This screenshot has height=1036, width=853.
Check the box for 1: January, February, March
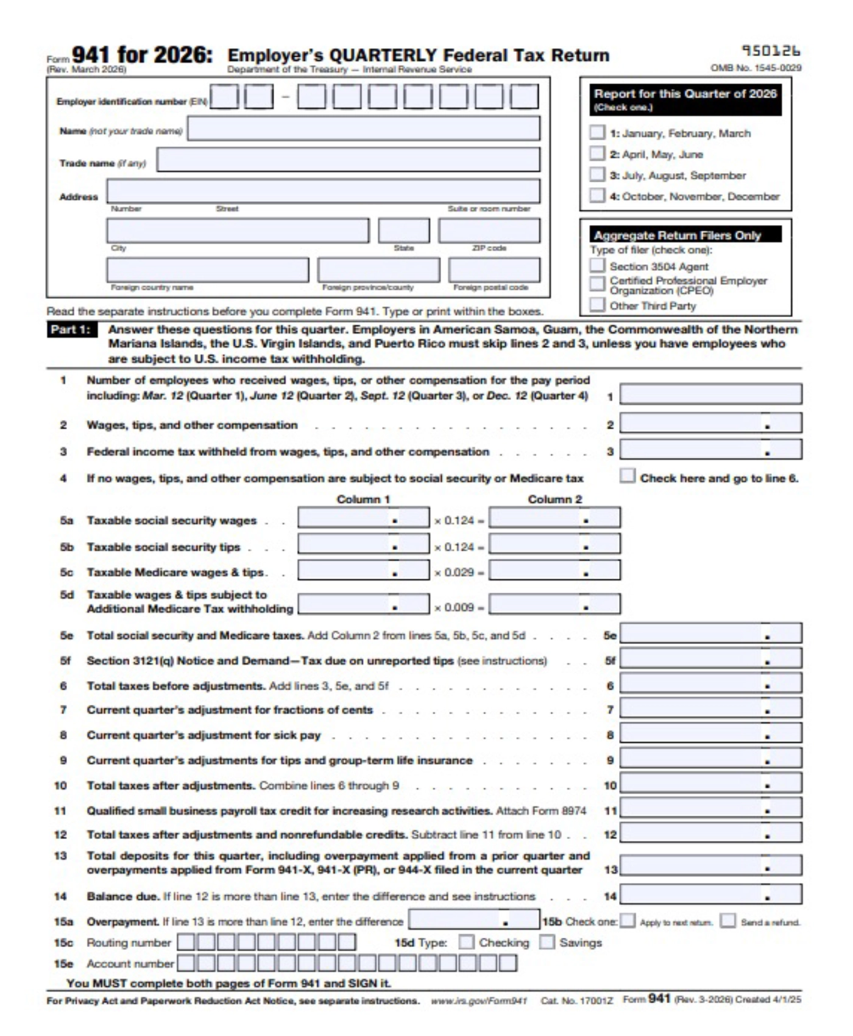click(x=597, y=133)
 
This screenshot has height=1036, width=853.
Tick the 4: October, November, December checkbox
click(x=597, y=196)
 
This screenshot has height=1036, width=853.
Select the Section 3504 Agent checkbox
click(x=597, y=266)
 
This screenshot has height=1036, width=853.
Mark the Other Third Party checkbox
click(x=597, y=304)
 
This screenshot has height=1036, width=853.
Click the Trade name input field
click(x=348, y=160)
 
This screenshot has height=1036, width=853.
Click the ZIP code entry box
click(x=489, y=231)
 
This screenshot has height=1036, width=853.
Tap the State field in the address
click(x=403, y=231)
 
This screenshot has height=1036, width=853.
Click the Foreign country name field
click(x=207, y=270)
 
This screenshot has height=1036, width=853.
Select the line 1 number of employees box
click(x=710, y=395)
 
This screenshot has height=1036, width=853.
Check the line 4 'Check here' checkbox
click(x=627, y=476)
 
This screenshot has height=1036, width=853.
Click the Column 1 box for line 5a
click(x=363, y=518)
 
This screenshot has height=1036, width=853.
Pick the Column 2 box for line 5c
click(x=554, y=570)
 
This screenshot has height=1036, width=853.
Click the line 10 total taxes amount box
click(x=710, y=783)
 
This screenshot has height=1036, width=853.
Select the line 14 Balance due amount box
click(x=710, y=895)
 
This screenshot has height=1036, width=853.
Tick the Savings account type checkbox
click(x=547, y=942)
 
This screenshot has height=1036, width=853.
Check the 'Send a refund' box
click(x=727, y=921)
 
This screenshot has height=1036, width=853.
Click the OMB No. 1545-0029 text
click(x=756, y=68)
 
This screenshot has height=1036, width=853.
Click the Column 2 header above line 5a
click(x=554, y=499)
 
